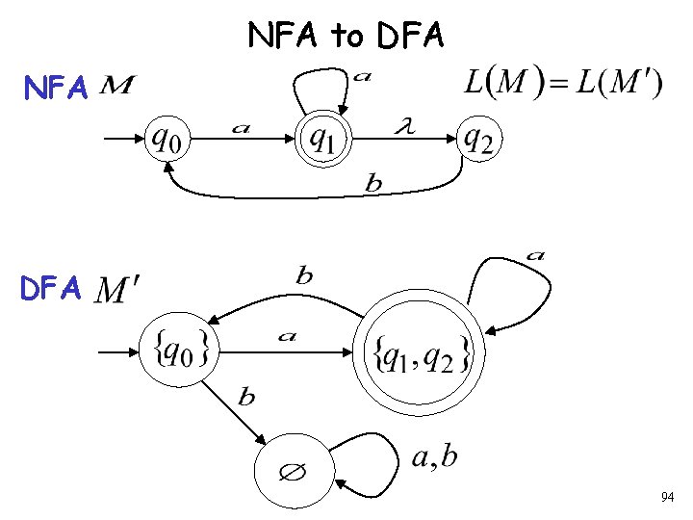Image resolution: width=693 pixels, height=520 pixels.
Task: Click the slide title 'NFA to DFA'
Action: coord(346,36)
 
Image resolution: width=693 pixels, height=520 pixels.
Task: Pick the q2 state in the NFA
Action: coord(478,142)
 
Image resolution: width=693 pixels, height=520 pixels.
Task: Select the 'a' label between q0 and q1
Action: coord(242,129)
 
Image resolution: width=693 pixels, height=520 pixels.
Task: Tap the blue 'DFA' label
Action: coord(55,288)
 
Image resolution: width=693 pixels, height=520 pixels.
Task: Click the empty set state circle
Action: coord(293,473)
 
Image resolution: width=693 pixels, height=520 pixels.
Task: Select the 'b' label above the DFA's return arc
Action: coord(304,276)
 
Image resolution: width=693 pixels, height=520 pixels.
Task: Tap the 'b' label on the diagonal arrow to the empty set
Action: coord(246,397)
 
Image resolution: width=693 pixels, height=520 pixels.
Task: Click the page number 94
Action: coord(667,497)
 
